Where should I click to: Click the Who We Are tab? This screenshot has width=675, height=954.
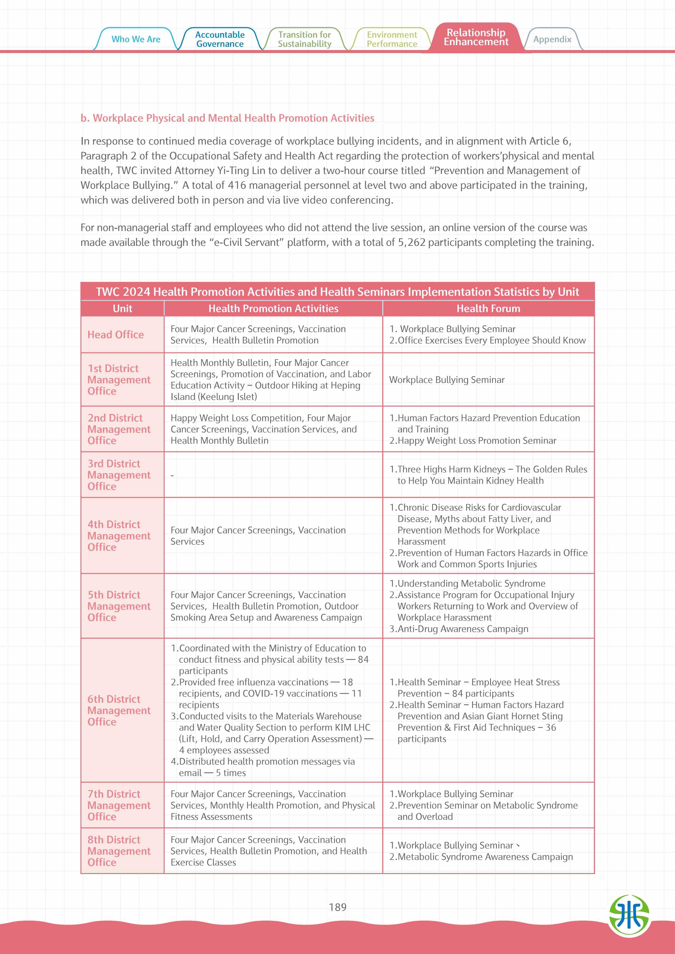[136, 39]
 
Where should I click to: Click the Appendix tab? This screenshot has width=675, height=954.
[552, 39]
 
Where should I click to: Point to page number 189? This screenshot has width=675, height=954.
[337, 907]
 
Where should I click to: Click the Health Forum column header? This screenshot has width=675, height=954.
[488, 308]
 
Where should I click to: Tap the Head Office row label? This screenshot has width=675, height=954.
[116, 334]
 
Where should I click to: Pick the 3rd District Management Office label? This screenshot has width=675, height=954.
[119, 475]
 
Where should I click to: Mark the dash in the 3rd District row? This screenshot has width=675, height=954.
[172, 475]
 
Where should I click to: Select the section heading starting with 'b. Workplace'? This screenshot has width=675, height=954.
[227, 118]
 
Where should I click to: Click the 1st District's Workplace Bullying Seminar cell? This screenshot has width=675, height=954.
[447, 379]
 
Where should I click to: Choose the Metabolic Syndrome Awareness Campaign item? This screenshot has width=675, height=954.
[485, 856]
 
